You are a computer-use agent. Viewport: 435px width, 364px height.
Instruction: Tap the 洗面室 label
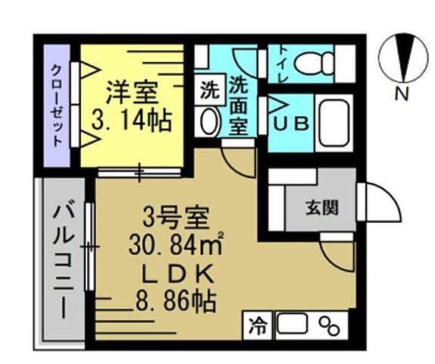240,106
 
